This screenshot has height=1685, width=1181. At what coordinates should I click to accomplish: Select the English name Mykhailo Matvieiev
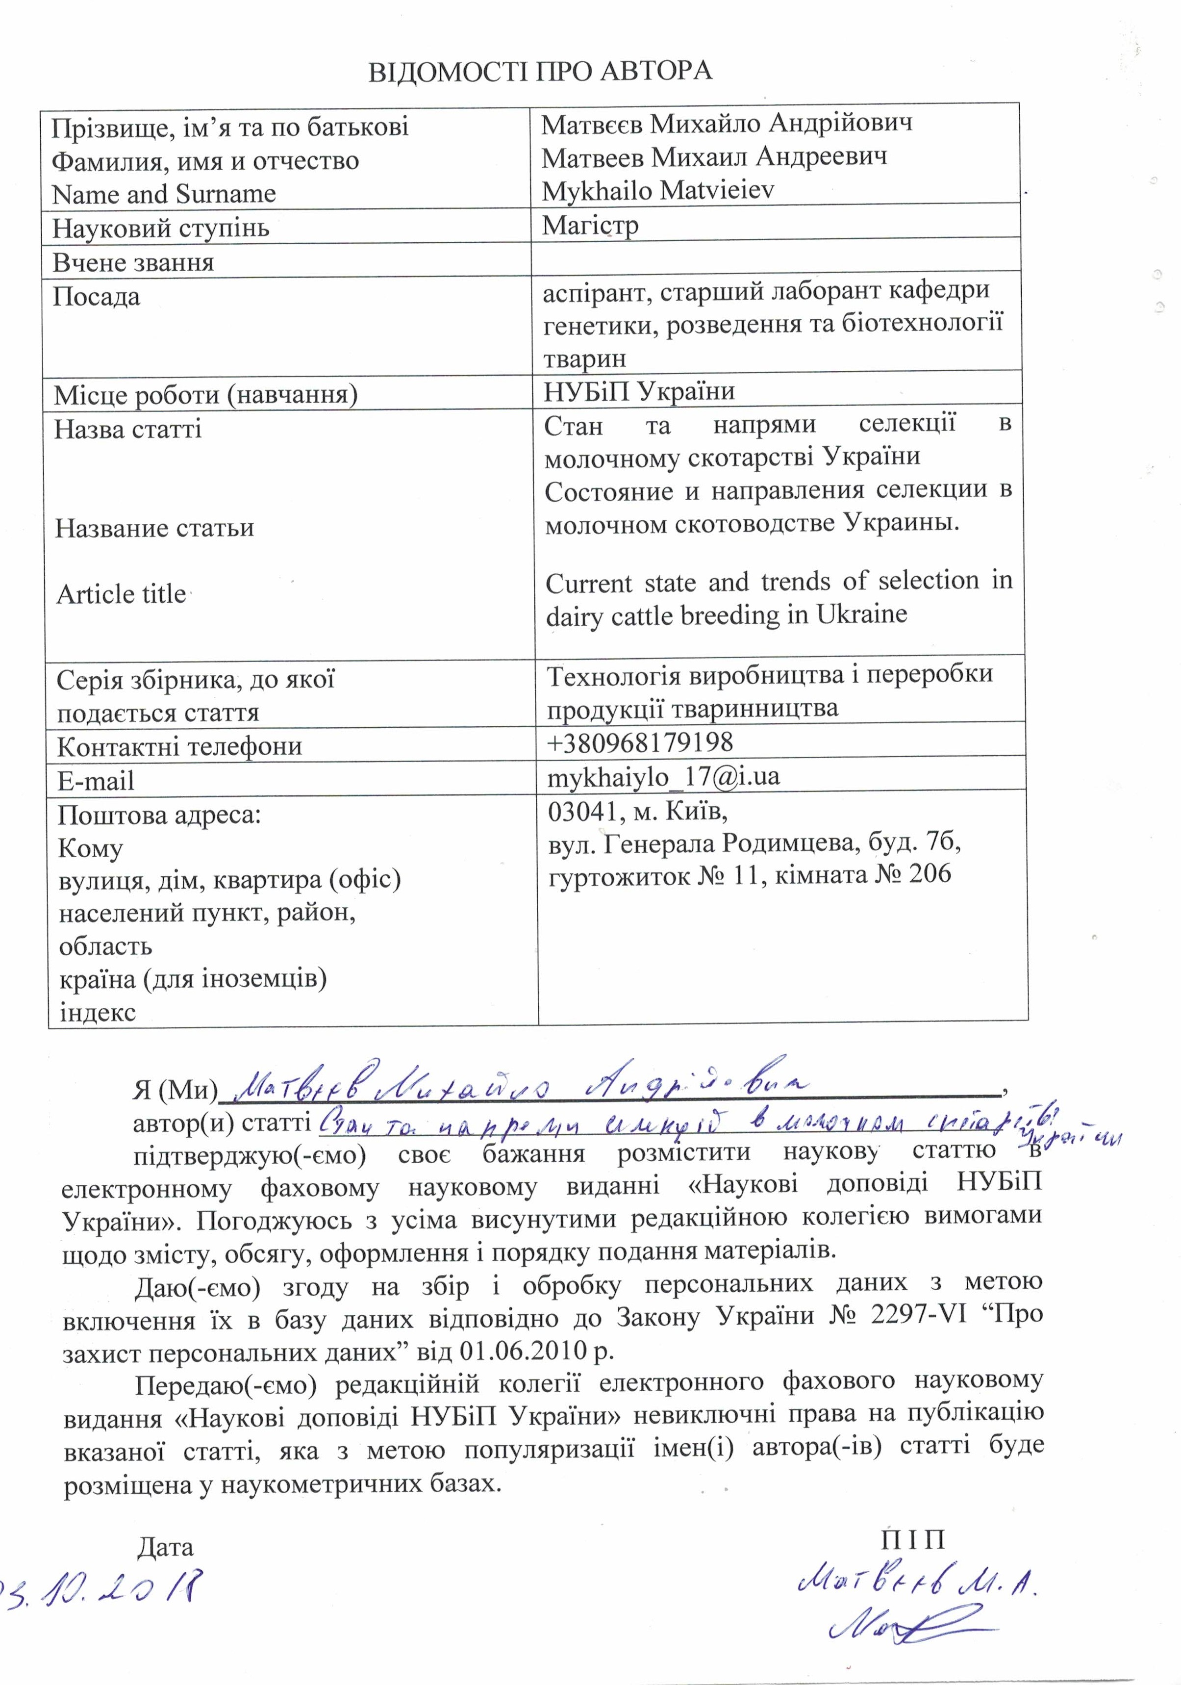[x=658, y=191]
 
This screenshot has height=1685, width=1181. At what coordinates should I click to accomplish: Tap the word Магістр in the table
[x=590, y=225]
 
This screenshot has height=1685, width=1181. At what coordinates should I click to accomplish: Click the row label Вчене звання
[x=133, y=262]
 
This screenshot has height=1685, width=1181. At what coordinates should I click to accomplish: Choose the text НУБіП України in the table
[x=639, y=391]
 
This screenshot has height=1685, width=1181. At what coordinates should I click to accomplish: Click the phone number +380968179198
[x=640, y=742]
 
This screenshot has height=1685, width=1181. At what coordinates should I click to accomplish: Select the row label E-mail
[x=96, y=780]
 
